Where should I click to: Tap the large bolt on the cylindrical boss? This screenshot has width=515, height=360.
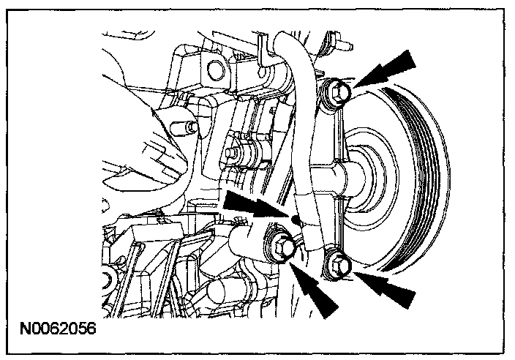click(283, 247)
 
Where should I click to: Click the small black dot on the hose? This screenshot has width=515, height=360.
click(296, 218)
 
